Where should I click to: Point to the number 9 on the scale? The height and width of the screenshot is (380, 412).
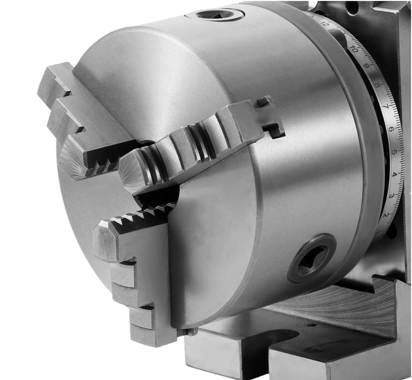click(x=367, y=66)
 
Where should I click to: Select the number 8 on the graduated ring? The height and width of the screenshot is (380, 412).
click(x=377, y=85)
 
